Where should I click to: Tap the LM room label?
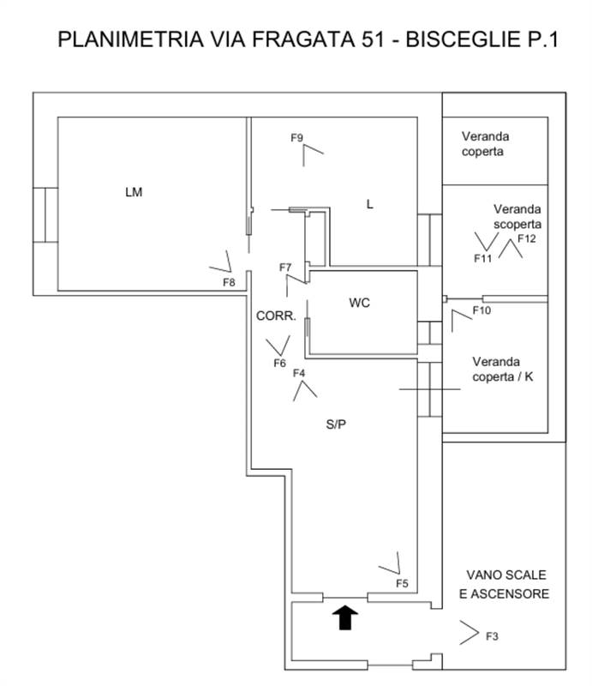(133, 192)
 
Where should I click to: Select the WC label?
(360, 303)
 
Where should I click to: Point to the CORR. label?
(276, 316)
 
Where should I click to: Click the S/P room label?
(337, 424)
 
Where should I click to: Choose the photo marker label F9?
(297, 137)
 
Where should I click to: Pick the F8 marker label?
(229, 282)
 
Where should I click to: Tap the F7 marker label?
(286, 268)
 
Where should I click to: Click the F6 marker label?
(279, 363)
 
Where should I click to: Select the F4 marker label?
(299, 373)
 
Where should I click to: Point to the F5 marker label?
(402, 583)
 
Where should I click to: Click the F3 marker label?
(492, 636)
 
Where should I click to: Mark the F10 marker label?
(481, 310)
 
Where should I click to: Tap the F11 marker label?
(482, 257)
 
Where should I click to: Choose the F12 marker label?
(526, 239)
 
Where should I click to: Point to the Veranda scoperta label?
(518, 216)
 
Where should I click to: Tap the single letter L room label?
(369, 204)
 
